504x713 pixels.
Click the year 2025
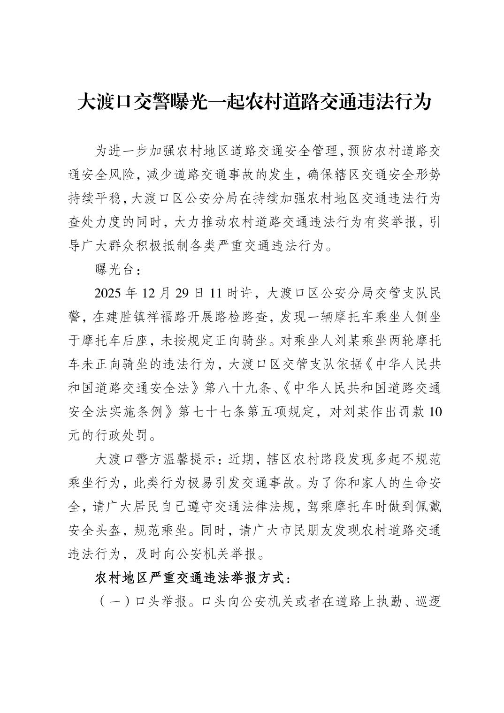tap(108, 294)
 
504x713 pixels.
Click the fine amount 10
tap(435, 412)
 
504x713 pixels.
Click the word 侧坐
tap(428, 317)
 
